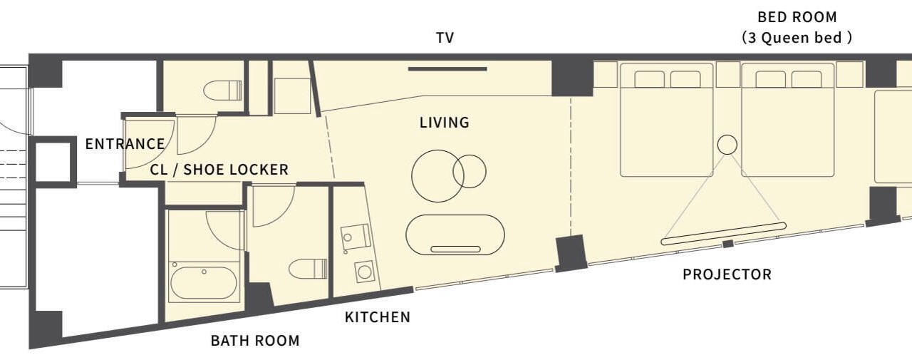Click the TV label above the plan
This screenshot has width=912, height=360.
point(445,38)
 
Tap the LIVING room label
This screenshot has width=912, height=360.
point(445,123)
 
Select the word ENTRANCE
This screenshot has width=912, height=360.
point(125,144)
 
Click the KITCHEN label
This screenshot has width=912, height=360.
point(378,317)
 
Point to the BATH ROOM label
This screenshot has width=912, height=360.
point(255,341)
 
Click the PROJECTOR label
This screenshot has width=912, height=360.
point(727,274)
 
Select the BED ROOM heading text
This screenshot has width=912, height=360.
point(797,17)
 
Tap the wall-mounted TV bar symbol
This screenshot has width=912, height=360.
point(447,69)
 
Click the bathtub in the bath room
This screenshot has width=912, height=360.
point(203,282)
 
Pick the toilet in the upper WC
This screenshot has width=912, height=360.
point(223,91)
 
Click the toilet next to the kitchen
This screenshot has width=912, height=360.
point(309,269)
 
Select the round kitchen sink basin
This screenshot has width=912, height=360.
point(364,272)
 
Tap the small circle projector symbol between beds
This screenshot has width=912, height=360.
point(727,145)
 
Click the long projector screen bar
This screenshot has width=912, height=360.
point(723,233)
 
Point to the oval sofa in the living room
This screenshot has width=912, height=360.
point(455,235)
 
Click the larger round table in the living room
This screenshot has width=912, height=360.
point(437,176)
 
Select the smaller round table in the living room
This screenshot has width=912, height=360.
point(470,172)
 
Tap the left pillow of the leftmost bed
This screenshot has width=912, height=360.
point(649,79)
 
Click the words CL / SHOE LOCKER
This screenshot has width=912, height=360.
point(219,170)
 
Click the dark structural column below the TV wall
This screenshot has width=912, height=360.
point(572,78)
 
